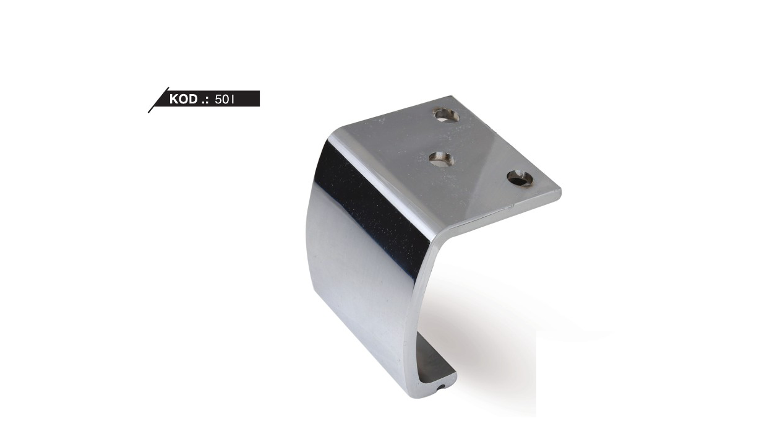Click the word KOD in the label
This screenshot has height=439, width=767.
(x=184, y=99)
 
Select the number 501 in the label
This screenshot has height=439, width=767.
(x=225, y=100)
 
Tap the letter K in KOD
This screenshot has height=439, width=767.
(x=174, y=99)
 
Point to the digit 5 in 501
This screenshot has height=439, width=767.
(x=218, y=100)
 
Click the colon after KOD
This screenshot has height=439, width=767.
(x=207, y=101)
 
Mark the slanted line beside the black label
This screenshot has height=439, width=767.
(x=158, y=100)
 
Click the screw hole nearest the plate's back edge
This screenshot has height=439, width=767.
(x=447, y=115)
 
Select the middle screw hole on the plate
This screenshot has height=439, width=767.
(x=442, y=159)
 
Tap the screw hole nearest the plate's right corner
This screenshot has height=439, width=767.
(x=520, y=178)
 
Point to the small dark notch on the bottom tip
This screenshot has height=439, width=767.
(x=442, y=388)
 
